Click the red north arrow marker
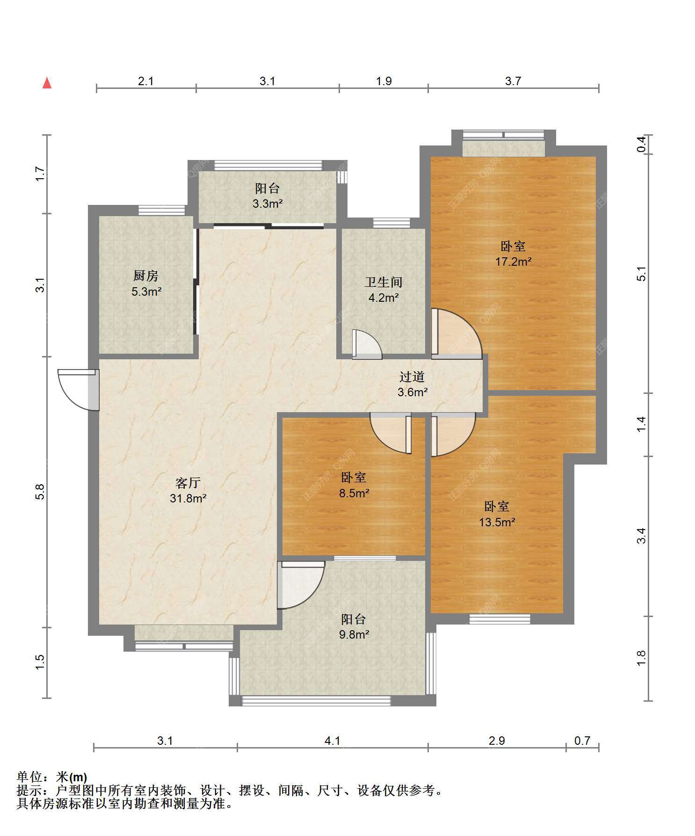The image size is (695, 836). [x=47, y=83]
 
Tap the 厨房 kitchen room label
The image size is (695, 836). [x=146, y=276]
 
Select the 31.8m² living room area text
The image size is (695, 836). [x=188, y=498]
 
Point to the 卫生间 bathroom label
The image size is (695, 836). [x=384, y=282]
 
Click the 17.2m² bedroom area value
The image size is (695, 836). [x=513, y=262]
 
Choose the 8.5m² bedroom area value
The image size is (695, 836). [x=354, y=493]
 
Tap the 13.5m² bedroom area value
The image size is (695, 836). [x=497, y=522]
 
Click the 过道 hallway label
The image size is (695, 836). [x=412, y=377]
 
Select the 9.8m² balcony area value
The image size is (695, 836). [x=354, y=634]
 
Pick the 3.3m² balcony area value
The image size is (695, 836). [x=268, y=204]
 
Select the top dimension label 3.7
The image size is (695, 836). [x=513, y=81]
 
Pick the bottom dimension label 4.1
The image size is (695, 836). [x=333, y=741]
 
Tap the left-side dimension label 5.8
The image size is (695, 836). [x=40, y=491]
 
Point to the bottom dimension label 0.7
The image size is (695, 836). [x=582, y=741]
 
